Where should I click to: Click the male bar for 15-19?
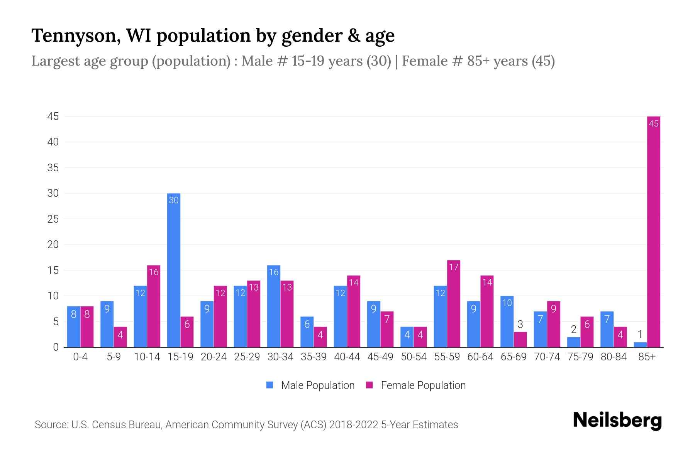point(174,270)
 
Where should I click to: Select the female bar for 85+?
point(653,231)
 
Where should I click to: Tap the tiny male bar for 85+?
point(640,345)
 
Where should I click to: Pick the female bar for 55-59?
point(454,305)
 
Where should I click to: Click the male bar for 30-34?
point(274,307)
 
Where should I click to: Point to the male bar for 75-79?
point(573,342)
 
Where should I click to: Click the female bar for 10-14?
point(154,307)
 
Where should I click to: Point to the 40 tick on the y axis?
point(53,142)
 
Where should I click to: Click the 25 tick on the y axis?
point(53,219)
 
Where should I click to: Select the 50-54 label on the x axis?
point(414,357)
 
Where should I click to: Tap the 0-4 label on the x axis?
point(80,357)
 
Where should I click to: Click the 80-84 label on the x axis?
point(614,357)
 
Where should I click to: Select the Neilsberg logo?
point(617,421)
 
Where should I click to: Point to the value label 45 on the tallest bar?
point(653,124)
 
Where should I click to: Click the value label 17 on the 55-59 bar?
point(454,267)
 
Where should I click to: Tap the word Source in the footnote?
point(51,425)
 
